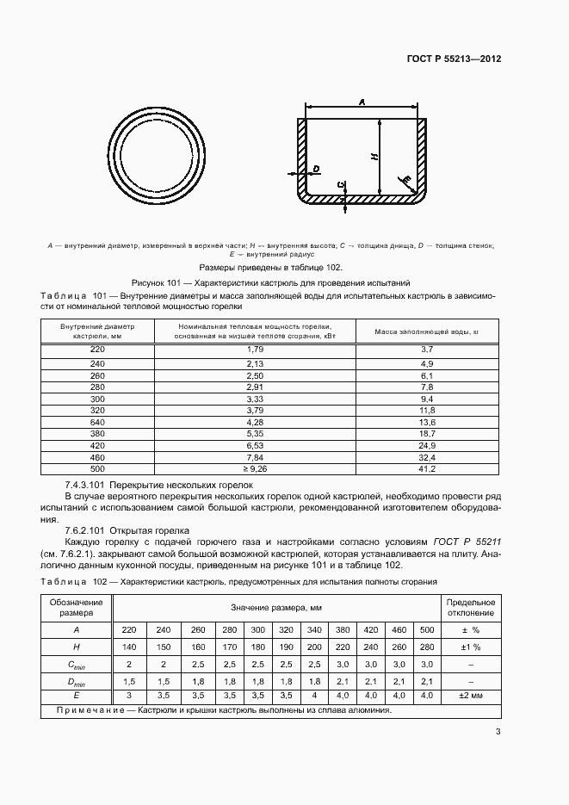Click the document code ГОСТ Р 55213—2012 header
pos(454,59)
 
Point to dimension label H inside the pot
pos(373,157)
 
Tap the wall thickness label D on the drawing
pos(317,169)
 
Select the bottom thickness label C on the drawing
pos(342,184)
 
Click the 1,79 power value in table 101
pos(254,349)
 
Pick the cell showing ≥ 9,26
pos(254,469)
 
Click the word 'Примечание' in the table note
pos(83,710)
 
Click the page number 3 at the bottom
pos(498,732)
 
